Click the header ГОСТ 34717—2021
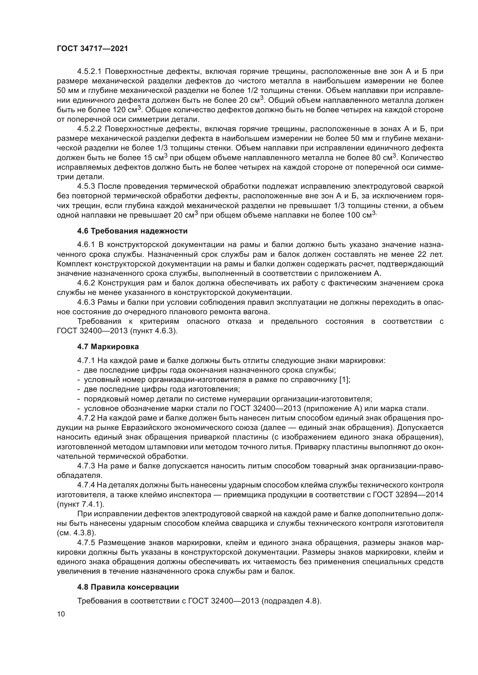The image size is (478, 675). click(92, 49)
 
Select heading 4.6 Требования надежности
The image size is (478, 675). click(132, 231)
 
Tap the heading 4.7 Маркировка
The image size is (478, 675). click(108, 347)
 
